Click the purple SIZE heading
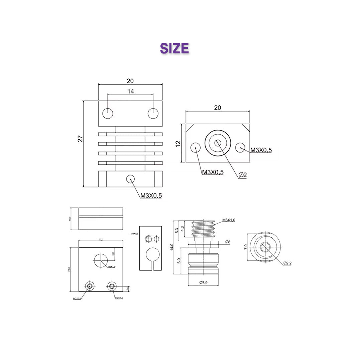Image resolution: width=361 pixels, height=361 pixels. [174, 48]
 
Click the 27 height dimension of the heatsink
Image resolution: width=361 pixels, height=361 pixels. [80, 139]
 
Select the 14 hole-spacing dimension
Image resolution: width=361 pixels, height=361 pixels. [130, 91]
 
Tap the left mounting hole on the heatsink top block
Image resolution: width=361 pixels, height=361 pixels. [108, 113]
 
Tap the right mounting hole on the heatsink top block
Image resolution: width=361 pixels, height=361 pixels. [153, 113]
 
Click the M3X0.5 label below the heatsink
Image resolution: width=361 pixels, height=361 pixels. [151, 196]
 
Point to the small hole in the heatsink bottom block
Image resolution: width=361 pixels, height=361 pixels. [130, 179]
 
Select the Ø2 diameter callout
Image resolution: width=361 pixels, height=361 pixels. [243, 175]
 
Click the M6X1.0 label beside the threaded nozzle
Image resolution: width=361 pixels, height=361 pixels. [229, 220]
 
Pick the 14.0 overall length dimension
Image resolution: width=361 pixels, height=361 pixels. [171, 247]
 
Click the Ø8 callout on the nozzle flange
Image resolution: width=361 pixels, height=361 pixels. [228, 242]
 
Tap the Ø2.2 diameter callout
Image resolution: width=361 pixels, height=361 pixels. [287, 263]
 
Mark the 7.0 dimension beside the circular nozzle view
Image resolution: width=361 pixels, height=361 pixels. [246, 247]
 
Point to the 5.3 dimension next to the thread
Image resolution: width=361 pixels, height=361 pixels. [177, 231]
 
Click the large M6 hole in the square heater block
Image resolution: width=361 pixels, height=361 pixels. [101, 260]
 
